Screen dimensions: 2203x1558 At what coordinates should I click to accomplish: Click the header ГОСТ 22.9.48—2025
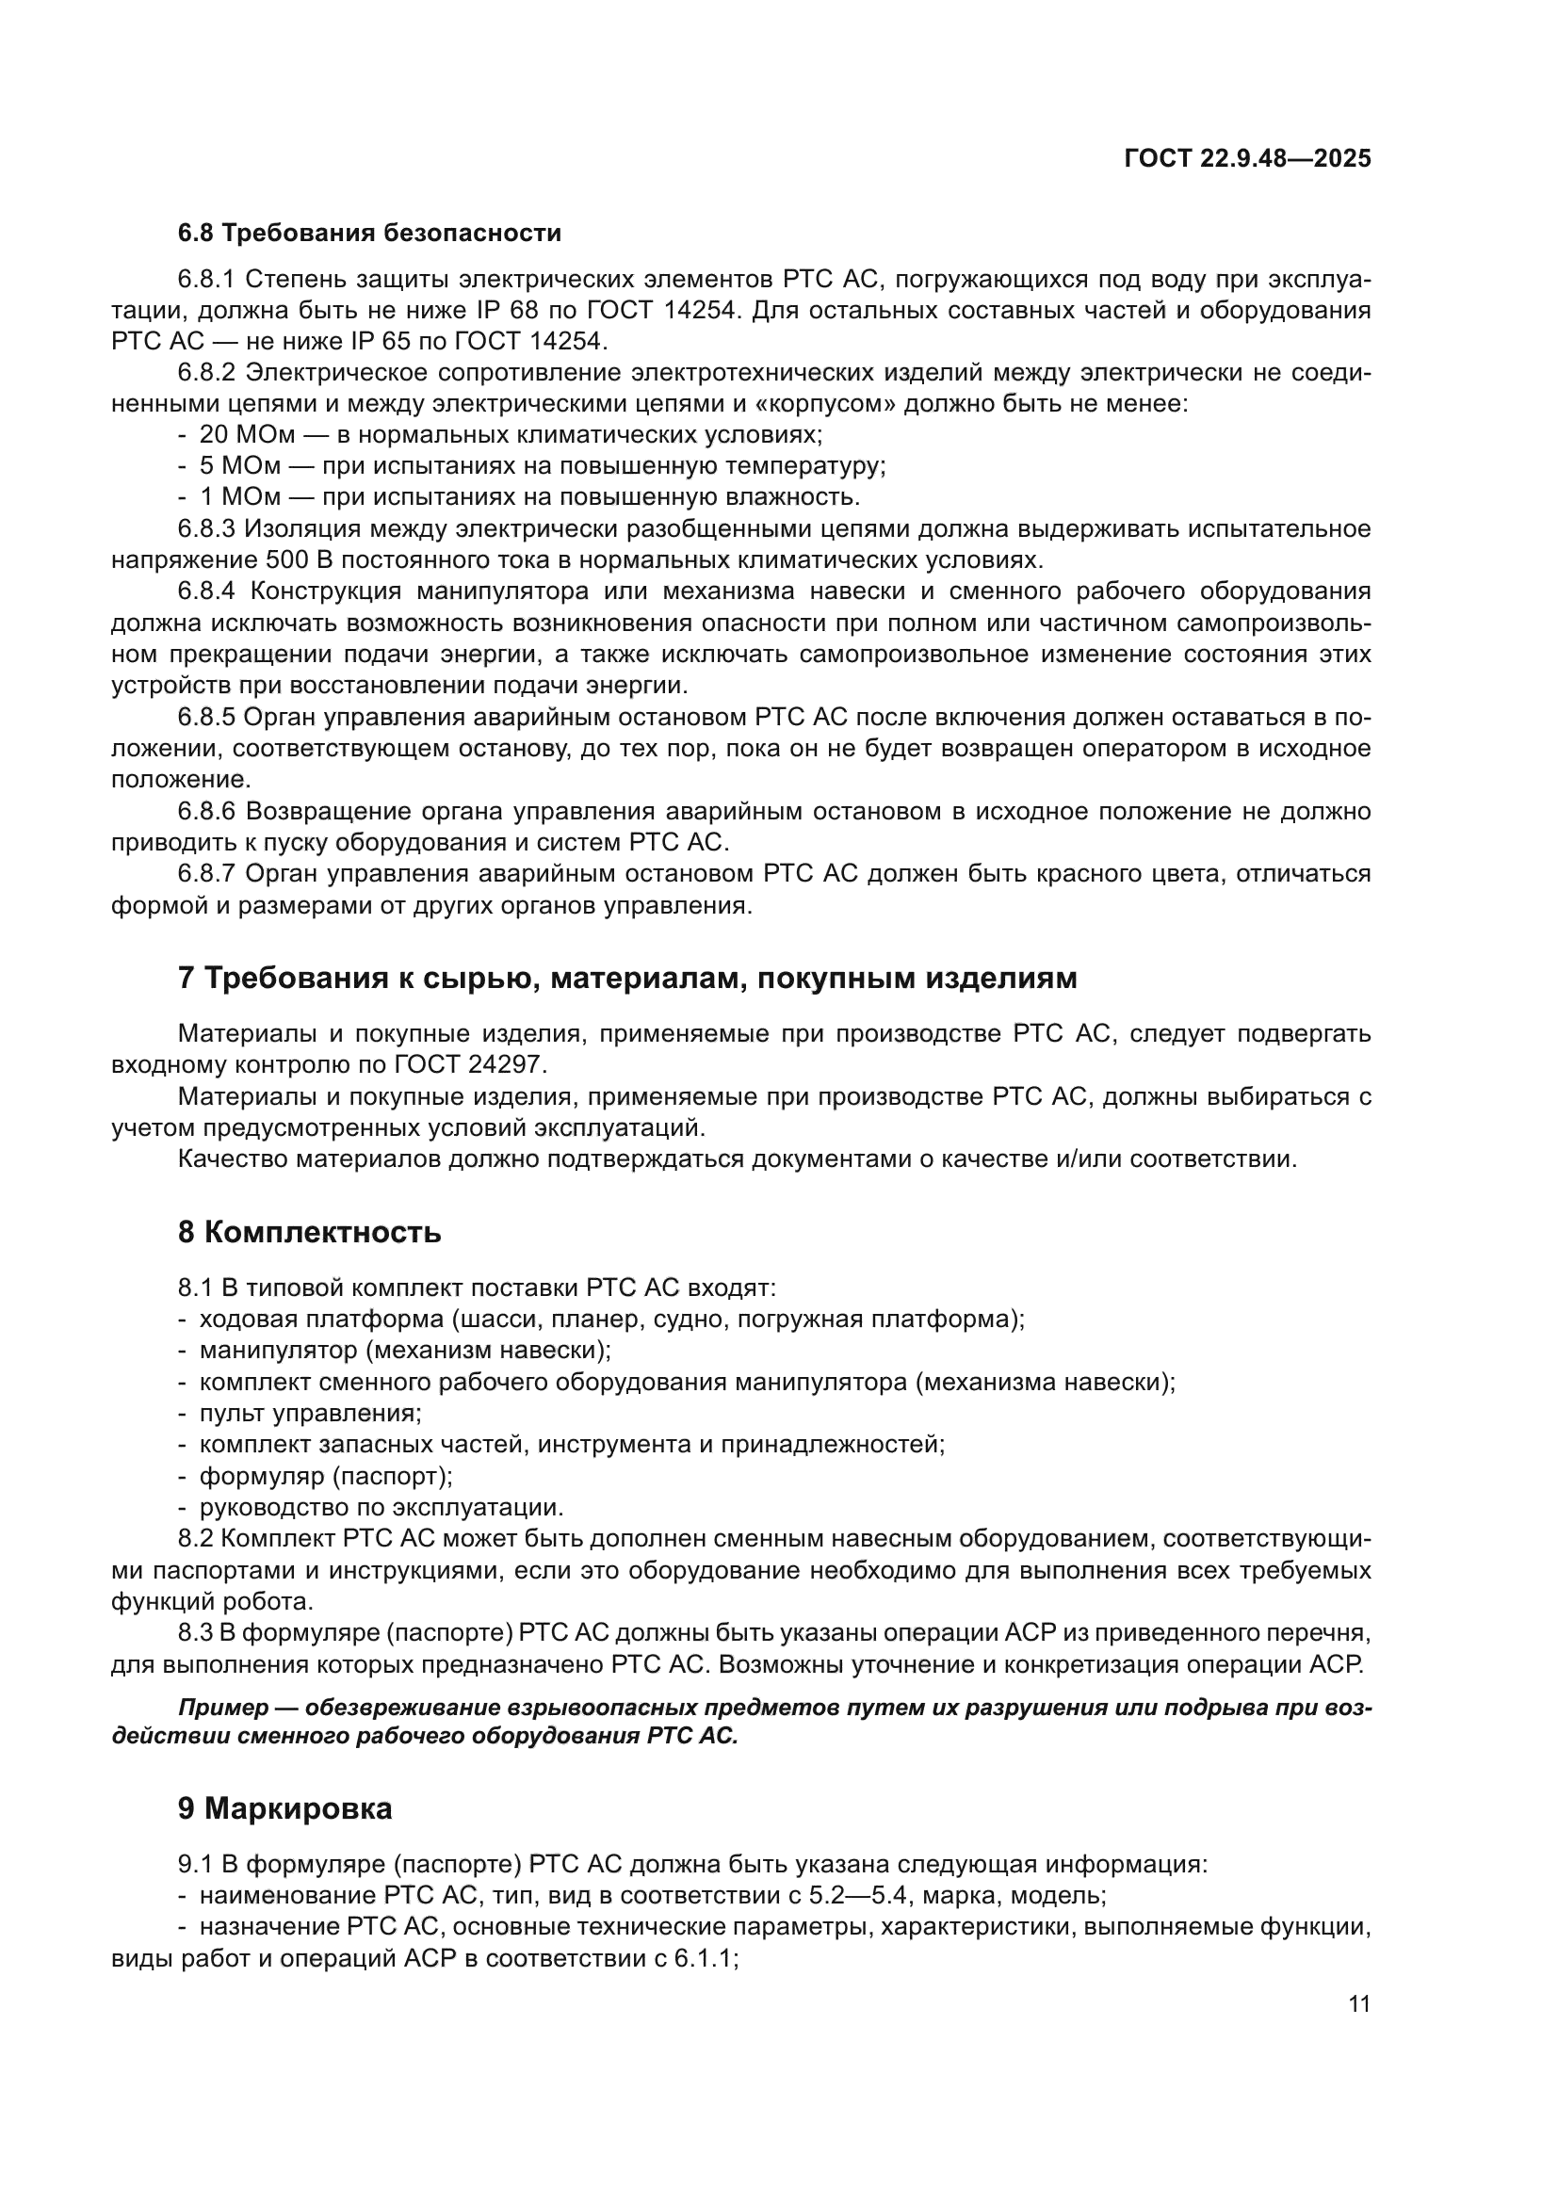[x=1246, y=158]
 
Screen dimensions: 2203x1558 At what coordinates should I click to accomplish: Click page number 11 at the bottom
[x=1358, y=2003]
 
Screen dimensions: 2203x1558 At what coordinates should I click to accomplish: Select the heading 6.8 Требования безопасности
[x=369, y=234]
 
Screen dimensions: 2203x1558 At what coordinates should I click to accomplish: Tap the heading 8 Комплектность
[x=309, y=1232]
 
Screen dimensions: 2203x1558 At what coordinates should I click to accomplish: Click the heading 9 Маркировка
[x=284, y=1808]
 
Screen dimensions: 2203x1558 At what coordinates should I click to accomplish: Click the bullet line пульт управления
[x=310, y=1414]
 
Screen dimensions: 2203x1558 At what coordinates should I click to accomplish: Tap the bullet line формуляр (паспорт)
[x=325, y=1476]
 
